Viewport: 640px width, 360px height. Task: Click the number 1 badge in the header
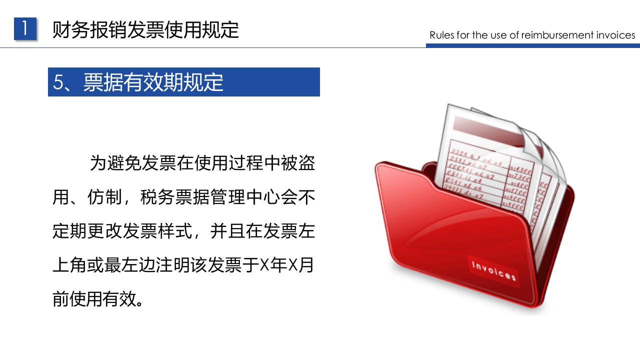click(25, 29)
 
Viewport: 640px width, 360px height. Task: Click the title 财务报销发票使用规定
click(145, 30)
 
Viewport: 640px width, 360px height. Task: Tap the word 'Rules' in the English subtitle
click(441, 35)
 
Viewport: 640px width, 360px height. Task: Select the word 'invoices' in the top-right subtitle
click(615, 35)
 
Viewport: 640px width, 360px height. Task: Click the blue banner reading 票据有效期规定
click(183, 82)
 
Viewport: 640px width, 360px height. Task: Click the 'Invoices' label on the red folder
click(493, 270)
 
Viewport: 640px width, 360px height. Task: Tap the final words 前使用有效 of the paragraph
click(94, 299)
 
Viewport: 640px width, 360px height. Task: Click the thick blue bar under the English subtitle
click(532, 45)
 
